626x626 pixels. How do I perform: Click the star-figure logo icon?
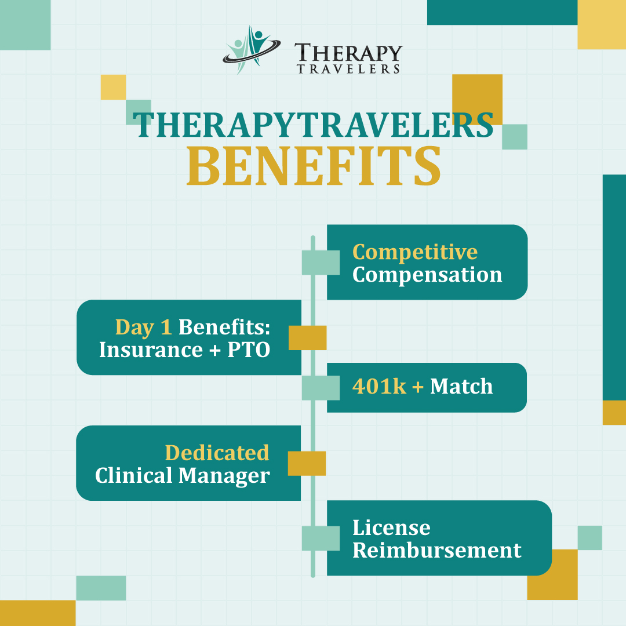pyautogui.click(x=252, y=50)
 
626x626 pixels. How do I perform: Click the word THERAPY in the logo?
pyautogui.click(x=348, y=53)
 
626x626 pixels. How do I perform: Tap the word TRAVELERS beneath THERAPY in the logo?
pyautogui.click(x=348, y=69)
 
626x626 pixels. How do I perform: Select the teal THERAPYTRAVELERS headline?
pyautogui.click(x=314, y=125)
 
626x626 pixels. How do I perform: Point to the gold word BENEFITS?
pyautogui.click(x=314, y=166)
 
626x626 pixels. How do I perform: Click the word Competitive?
pyautogui.click(x=415, y=252)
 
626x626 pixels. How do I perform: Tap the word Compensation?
pyautogui.click(x=427, y=275)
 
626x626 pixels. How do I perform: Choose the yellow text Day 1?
pyautogui.click(x=144, y=327)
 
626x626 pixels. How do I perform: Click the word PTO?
pyautogui.click(x=249, y=350)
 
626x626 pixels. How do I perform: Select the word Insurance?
pyautogui.click(x=151, y=350)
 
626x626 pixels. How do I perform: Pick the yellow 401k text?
pyautogui.click(x=379, y=387)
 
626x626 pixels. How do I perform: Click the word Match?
pyautogui.click(x=461, y=387)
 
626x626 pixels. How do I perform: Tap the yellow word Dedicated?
pyautogui.click(x=217, y=453)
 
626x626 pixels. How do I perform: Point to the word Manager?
pyautogui.click(x=224, y=476)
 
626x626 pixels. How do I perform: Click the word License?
pyautogui.click(x=391, y=528)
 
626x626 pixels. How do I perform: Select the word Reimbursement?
pyautogui.click(x=437, y=550)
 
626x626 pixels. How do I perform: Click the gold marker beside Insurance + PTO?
pyautogui.click(x=307, y=338)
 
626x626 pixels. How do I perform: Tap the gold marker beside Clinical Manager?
pyautogui.click(x=307, y=464)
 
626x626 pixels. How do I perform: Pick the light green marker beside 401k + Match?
pyautogui.click(x=321, y=388)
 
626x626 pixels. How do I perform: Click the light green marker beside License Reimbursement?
pyautogui.click(x=321, y=538)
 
